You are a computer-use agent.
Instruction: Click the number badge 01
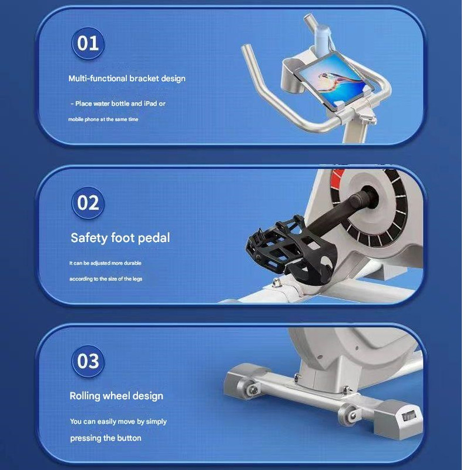(x=88, y=43)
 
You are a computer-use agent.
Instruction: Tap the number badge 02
(x=88, y=203)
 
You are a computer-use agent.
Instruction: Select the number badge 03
(x=88, y=361)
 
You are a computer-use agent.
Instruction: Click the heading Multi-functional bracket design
(x=127, y=79)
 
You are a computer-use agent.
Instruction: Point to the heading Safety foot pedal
(x=120, y=238)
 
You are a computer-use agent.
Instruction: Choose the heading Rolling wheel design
(x=116, y=396)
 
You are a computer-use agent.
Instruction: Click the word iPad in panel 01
(x=150, y=103)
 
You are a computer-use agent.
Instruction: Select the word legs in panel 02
(x=137, y=278)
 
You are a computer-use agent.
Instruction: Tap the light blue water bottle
(x=322, y=39)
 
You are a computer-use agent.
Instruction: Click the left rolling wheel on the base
(x=253, y=390)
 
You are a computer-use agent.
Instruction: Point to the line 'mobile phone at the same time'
(x=103, y=119)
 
